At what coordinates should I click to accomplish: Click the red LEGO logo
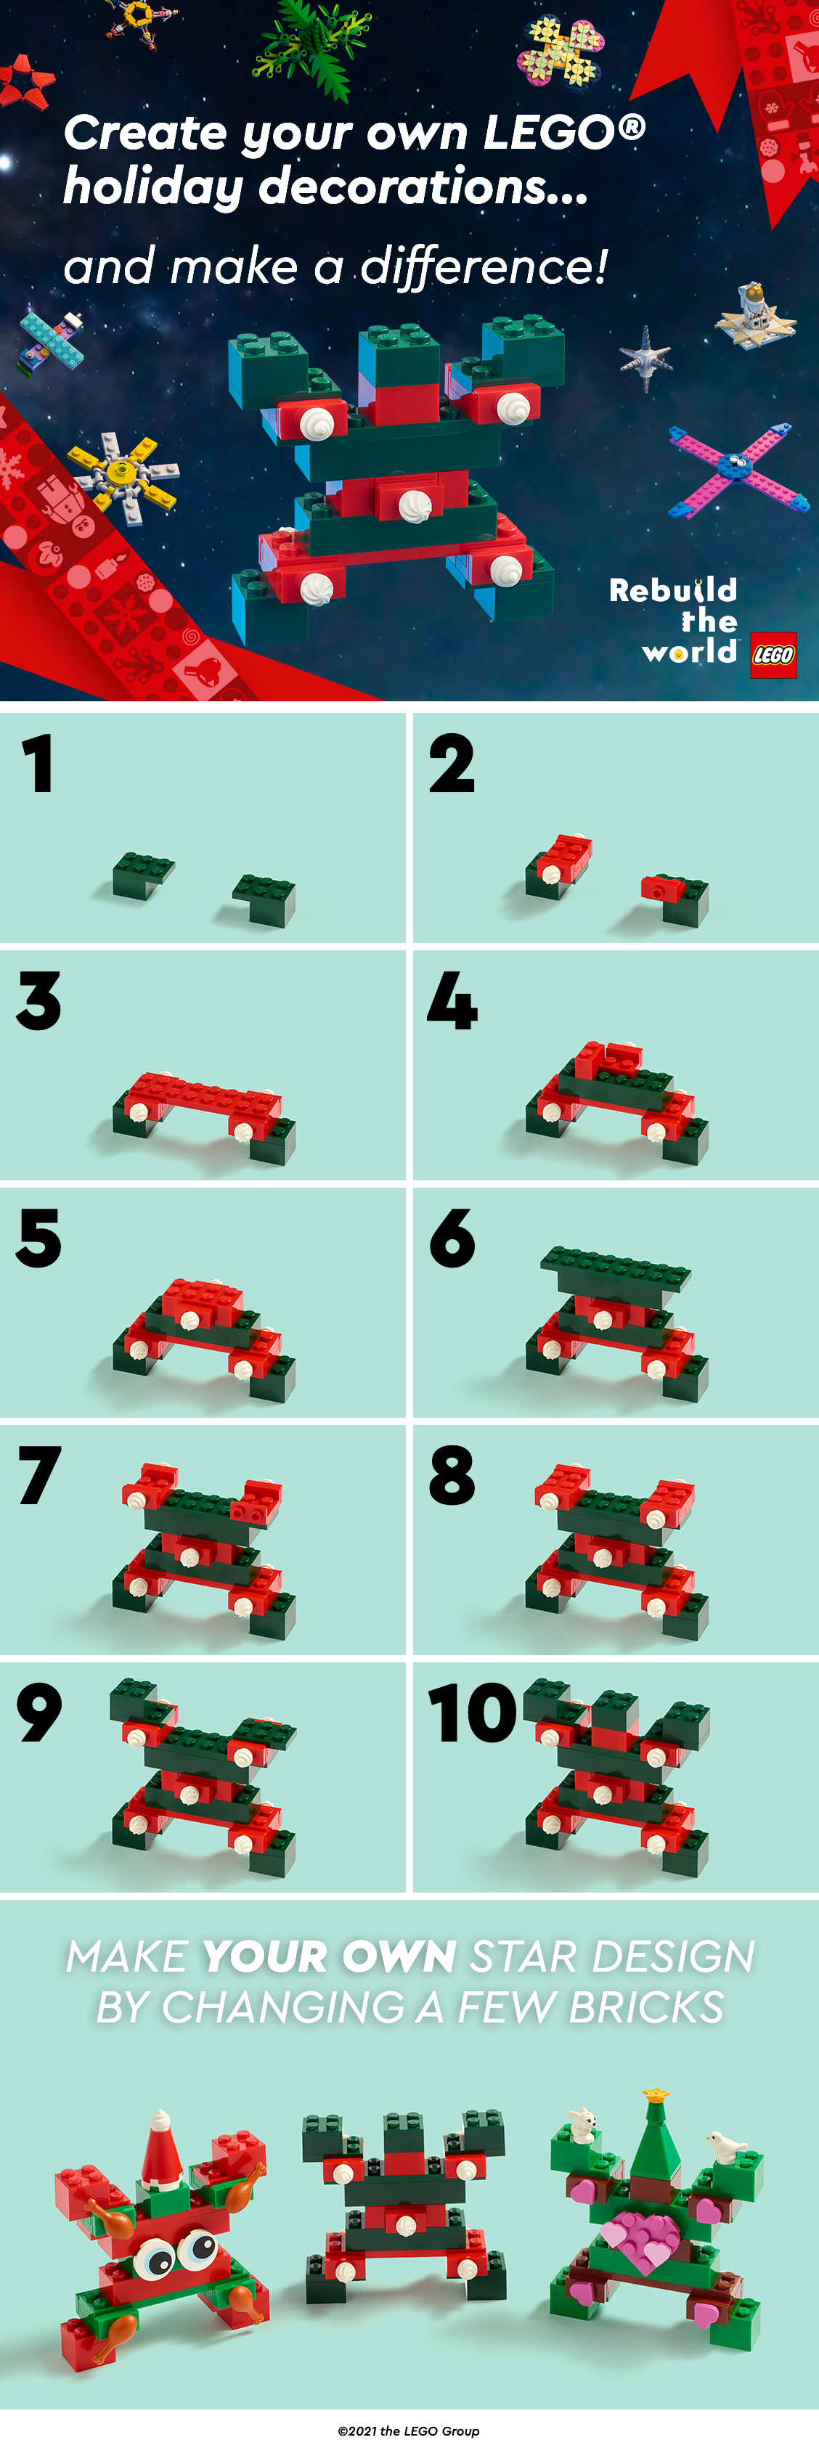pyautogui.click(x=773, y=655)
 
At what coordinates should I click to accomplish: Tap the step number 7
pyautogui.click(x=40, y=1475)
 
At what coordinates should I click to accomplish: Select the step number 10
pyautogui.click(x=473, y=1713)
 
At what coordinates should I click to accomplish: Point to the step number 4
pyautogui.click(x=452, y=1001)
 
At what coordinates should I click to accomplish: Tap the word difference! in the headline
pyautogui.click(x=485, y=266)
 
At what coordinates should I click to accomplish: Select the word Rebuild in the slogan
pyautogui.click(x=673, y=590)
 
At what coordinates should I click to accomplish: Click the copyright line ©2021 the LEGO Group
pyautogui.click(x=409, y=2430)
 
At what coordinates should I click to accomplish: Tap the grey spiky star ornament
pyautogui.click(x=645, y=356)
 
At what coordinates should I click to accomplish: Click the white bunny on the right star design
pyautogui.click(x=582, y=2124)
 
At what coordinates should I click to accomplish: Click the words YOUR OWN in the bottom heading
pyautogui.click(x=329, y=1956)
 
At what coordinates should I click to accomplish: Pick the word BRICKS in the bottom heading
pyautogui.click(x=647, y=2007)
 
